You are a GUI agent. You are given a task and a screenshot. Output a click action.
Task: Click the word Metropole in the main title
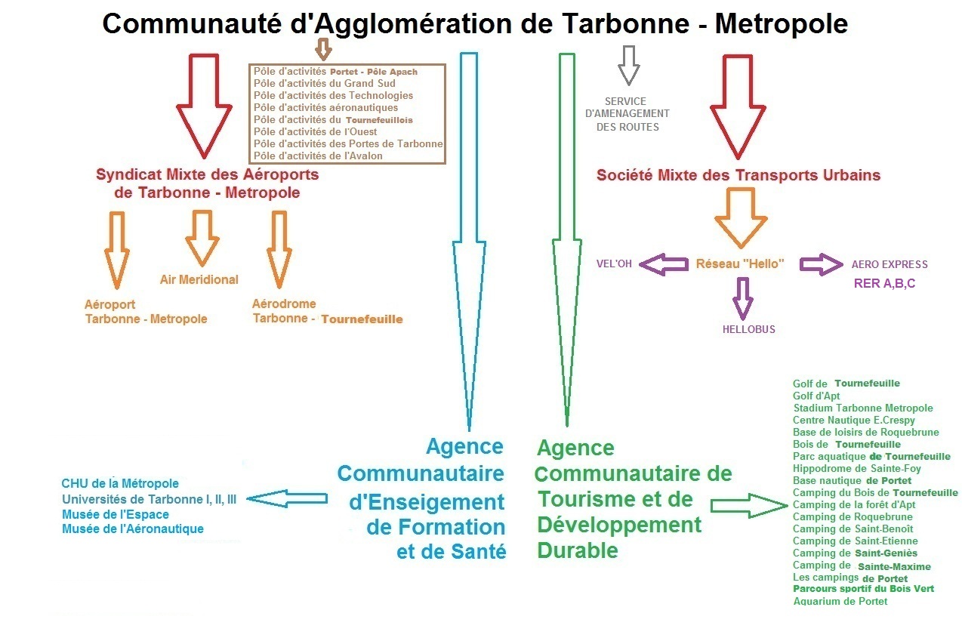coord(781,23)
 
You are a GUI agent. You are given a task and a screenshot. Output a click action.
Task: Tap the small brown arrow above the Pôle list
coord(323,49)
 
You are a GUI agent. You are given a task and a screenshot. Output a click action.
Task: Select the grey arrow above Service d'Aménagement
coord(628,65)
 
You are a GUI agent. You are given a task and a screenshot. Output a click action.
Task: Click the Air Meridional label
coord(199,279)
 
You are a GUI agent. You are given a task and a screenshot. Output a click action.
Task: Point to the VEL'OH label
coord(614,264)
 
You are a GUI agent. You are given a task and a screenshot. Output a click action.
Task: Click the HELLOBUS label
coord(748,329)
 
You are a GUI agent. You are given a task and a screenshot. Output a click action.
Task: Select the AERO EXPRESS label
coord(890,264)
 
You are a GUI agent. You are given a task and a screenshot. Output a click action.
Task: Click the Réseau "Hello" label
coord(740,263)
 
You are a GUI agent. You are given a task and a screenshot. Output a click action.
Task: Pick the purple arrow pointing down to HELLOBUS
coord(743,297)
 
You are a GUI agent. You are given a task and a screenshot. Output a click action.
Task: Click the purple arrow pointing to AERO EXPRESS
coord(821,264)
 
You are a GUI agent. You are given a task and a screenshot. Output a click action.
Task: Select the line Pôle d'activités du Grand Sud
coord(324,83)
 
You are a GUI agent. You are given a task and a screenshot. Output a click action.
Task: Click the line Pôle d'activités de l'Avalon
coord(318,156)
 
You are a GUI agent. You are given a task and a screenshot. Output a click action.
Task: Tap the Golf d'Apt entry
coord(816,396)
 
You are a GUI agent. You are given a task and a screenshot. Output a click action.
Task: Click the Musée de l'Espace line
coord(116,514)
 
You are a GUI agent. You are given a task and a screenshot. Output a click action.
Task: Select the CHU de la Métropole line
coord(120,483)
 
